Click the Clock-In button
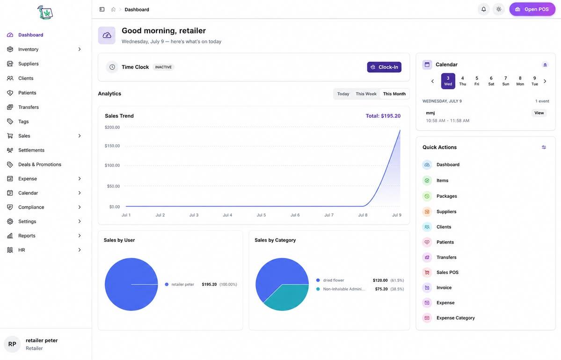[384, 67]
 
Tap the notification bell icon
[483, 9]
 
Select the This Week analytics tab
[365, 94]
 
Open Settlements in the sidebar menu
[31, 150]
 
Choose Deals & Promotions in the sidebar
[39, 165]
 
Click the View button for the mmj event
[539, 113]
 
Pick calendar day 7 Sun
[505, 81]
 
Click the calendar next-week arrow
[545, 81]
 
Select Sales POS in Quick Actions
[447, 273]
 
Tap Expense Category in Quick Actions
[455, 318]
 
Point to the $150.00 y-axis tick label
[112, 146]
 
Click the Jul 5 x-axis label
[261, 215]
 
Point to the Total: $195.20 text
[383, 116]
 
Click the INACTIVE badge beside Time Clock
[163, 67]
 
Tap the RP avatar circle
[12, 344]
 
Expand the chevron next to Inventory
[80, 50]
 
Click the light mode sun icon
[498, 9]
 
